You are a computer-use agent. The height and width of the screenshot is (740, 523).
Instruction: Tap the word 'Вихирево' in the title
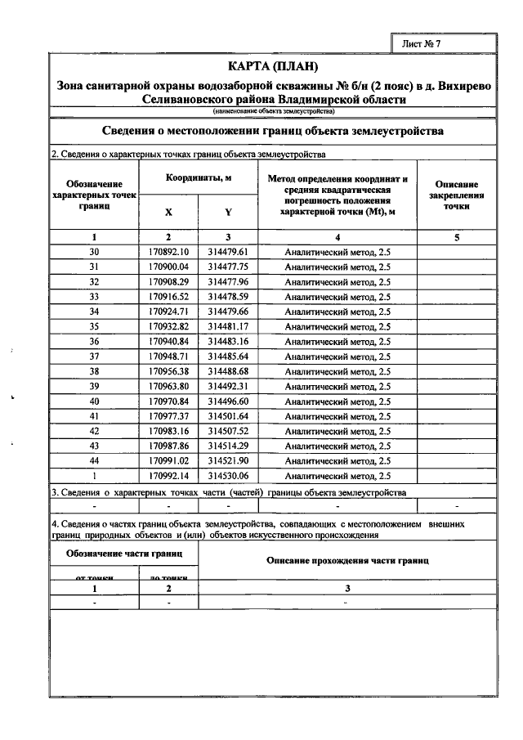(463, 84)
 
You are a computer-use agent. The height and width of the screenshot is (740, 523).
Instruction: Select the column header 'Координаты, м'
(198, 177)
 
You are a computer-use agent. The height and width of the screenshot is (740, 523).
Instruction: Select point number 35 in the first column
(94, 326)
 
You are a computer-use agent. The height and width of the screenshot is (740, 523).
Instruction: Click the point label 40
(94, 401)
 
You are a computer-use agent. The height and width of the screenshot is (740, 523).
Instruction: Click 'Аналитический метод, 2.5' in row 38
(337, 371)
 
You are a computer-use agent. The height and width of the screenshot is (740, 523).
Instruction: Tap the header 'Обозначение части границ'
(124, 554)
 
